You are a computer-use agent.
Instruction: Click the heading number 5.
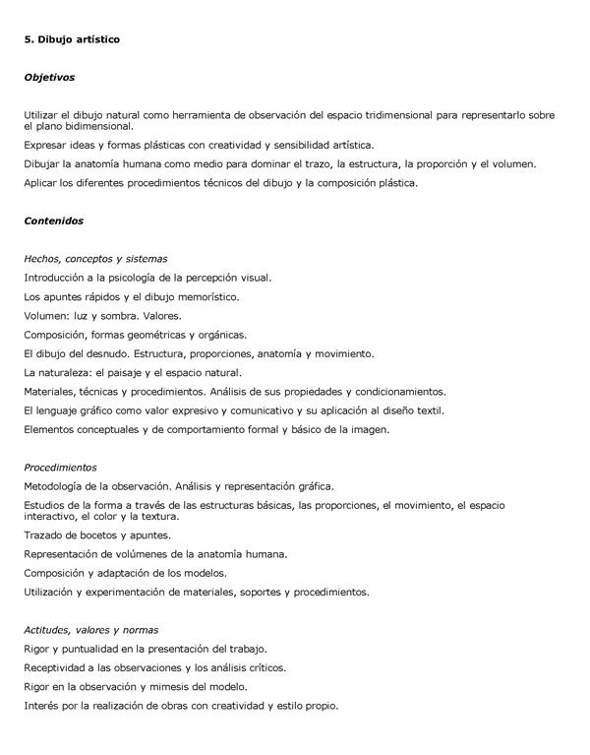pos(29,39)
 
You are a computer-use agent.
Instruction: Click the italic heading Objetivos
pos(49,76)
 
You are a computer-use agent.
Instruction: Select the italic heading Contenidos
pos(53,220)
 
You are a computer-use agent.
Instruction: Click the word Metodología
pos(57,485)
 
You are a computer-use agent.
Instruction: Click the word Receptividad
pos(58,667)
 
